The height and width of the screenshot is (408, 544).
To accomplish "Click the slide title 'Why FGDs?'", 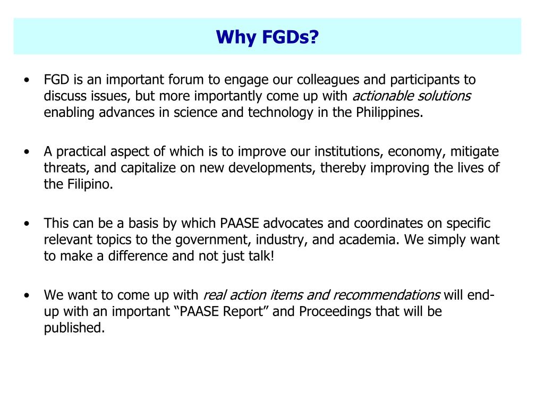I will coord(267,37).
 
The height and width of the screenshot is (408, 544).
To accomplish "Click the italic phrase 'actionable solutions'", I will coord(412,96).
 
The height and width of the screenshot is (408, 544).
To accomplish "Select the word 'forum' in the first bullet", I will coord(186,80).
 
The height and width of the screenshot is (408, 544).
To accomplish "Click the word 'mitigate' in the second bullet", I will coord(474,151).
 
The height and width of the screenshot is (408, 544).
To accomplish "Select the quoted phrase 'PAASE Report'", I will coord(222,311).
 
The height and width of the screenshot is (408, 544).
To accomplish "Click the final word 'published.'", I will coord(74,328).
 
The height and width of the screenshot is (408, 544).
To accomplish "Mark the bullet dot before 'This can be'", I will coord(26,224).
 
